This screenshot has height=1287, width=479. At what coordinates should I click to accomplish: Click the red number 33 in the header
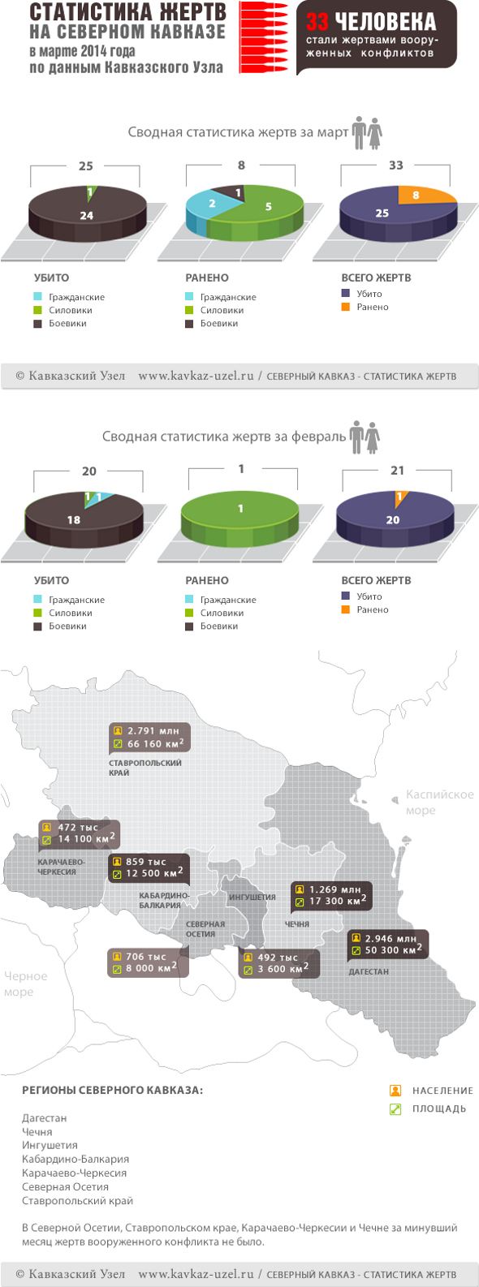coord(317,23)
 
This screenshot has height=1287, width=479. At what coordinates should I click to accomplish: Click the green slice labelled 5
coord(269,207)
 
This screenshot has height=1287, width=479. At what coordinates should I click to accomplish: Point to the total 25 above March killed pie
coord(86,166)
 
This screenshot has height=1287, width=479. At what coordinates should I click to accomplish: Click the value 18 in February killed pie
coord(74,519)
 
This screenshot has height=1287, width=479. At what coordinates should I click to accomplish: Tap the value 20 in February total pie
coord(393,519)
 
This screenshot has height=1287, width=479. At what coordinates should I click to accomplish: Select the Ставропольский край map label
coord(145,768)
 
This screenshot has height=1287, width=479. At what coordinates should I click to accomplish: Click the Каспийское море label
coord(439,802)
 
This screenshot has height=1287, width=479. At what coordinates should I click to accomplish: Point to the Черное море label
coord(25,984)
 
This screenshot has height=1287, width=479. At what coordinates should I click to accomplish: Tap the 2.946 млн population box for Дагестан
coord(391,938)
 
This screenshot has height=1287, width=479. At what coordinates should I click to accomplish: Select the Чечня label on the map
coord(297,923)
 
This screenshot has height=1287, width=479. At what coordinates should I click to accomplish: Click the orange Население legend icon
coord(395,1090)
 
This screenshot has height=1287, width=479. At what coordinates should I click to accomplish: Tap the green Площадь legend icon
coord(395,1108)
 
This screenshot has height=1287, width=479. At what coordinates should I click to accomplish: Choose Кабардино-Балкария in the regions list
coord(76,1159)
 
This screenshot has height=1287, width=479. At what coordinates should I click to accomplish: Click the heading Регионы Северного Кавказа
coord(112,1090)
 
